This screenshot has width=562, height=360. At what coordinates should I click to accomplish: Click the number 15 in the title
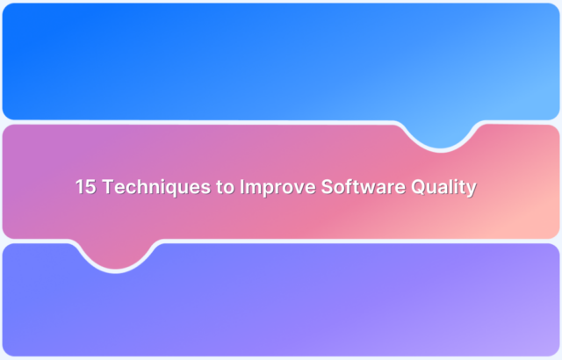coord(85,187)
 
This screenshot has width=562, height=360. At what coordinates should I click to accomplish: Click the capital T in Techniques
coord(105,187)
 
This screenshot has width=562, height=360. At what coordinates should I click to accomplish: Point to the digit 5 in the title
coord(90,187)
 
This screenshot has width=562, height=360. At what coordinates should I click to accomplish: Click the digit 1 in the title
coord(79,187)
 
